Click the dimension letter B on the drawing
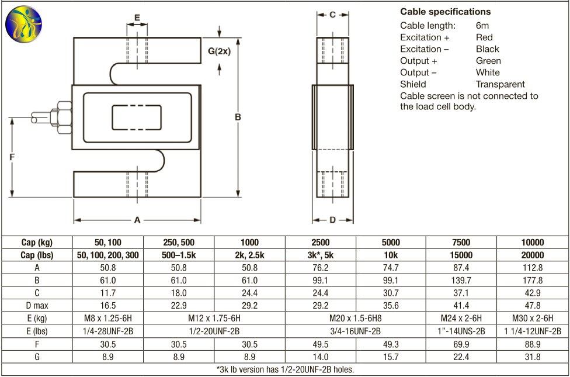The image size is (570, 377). (x=238, y=117)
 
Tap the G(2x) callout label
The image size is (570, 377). (x=220, y=51)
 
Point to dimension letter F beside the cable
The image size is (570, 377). (x=12, y=157)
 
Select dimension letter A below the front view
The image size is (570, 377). (x=137, y=220)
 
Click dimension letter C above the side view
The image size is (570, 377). (x=332, y=15)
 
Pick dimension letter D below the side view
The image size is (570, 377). (x=332, y=220)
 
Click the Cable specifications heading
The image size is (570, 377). (x=445, y=12)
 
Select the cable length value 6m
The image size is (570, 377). (x=482, y=26)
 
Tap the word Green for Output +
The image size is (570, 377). (x=488, y=61)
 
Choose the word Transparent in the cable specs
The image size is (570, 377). (x=500, y=84)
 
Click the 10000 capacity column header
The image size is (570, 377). (x=532, y=243)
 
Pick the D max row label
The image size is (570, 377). (x=37, y=306)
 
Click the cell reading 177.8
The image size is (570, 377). (x=532, y=281)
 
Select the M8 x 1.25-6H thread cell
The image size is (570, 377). (x=108, y=319)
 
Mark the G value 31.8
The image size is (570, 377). (x=532, y=357)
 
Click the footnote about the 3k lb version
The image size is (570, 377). (x=285, y=369)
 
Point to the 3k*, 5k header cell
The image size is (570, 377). (x=321, y=255)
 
